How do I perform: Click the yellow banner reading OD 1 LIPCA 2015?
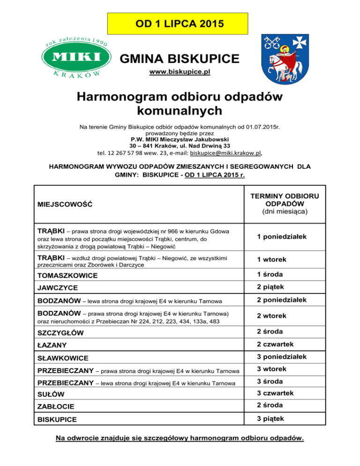pyautogui.click(x=180, y=23)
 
